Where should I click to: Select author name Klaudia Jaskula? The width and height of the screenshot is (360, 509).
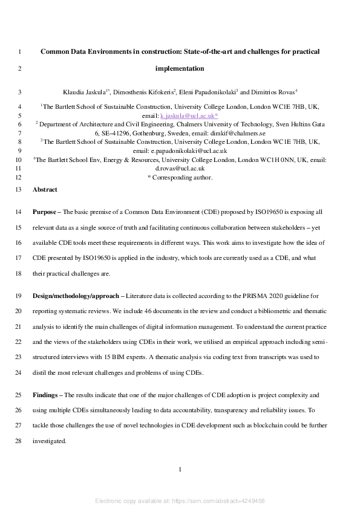(x=85, y=92)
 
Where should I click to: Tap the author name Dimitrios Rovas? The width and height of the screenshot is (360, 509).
(x=272, y=92)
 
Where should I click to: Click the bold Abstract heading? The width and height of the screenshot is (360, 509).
(x=45, y=189)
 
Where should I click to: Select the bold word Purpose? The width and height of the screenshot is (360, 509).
(x=45, y=212)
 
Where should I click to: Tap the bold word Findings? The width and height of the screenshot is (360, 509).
(x=46, y=395)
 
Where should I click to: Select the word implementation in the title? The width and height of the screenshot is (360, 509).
(x=180, y=68)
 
